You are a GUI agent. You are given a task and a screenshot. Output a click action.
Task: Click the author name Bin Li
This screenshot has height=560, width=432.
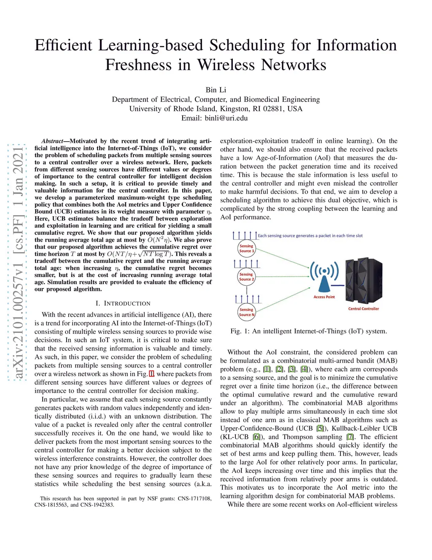tap(216, 90)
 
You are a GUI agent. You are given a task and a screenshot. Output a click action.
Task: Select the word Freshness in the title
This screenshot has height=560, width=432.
tap(139, 65)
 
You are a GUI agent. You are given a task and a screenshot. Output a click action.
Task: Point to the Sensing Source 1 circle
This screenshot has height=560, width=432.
tap(246, 249)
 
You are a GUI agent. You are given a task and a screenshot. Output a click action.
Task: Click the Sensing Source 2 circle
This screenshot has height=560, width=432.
tap(246, 277)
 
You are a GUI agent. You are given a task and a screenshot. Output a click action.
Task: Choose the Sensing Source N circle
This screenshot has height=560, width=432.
tap(246, 312)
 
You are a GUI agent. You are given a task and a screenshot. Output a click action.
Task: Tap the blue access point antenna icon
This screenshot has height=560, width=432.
tap(324, 275)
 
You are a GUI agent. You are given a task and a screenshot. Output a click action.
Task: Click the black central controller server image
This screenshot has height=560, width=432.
tap(364, 281)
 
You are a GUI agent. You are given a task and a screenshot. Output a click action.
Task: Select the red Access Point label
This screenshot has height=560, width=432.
tap(324, 297)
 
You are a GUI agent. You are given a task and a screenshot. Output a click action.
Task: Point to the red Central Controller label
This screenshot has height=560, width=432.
tap(363, 309)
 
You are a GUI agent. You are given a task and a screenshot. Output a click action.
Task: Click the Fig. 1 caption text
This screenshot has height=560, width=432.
tap(308, 331)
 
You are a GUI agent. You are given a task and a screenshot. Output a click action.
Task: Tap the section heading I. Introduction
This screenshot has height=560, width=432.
tap(123, 303)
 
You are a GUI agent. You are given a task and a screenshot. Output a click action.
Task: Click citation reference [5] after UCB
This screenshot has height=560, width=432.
tap(320, 429)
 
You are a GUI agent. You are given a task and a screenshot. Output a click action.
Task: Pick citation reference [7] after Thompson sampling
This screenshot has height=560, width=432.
tap(350, 437)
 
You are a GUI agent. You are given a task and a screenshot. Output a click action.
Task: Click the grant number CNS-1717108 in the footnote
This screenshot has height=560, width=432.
tap(194, 499)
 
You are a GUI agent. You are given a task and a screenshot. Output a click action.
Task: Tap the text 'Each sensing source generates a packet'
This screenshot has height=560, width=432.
tap(295, 236)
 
